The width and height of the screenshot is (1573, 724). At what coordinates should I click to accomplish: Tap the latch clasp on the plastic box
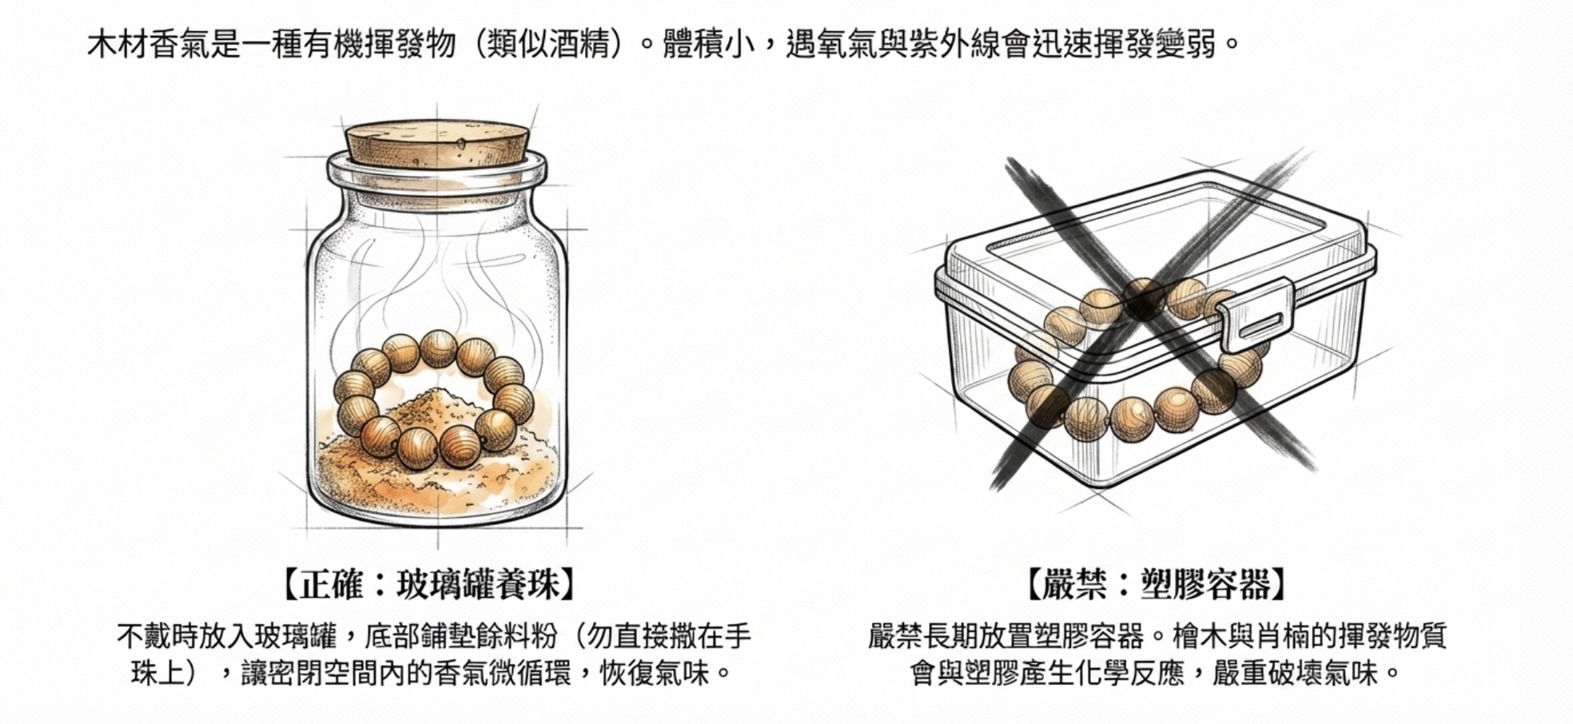(1253, 314)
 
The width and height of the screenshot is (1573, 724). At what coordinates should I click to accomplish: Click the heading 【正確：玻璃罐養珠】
(429, 585)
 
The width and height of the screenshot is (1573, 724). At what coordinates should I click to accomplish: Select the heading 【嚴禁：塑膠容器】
(1157, 585)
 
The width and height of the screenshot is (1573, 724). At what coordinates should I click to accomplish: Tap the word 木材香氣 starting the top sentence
(149, 44)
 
